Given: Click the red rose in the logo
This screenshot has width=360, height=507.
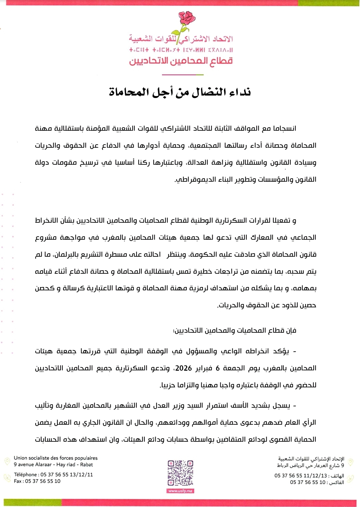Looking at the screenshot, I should click(x=186, y=18).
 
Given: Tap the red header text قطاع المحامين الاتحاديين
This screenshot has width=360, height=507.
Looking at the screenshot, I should click(x=181, y=61).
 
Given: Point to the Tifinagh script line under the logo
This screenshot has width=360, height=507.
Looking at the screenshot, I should click(x=181, y=50).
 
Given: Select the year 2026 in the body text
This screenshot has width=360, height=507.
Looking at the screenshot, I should click(x=183, y=368).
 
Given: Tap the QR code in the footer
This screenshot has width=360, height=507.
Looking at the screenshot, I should click(x=180, y=473).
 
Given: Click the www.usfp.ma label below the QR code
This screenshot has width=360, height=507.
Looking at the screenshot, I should click(x=180, y=491).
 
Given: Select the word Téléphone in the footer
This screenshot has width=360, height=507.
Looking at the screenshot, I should click(x=25, y=475).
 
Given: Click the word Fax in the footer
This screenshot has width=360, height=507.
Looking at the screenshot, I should click(x=18, y=481).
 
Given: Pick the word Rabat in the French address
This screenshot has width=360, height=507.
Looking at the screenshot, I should click(x=87, y=465).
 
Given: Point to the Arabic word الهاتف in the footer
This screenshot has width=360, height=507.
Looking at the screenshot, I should click(x=338, y=476).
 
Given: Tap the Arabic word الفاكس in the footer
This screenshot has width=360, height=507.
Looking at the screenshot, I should click(x=337, y=482).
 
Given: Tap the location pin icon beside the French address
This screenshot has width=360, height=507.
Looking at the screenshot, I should click(x=7, y=461).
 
